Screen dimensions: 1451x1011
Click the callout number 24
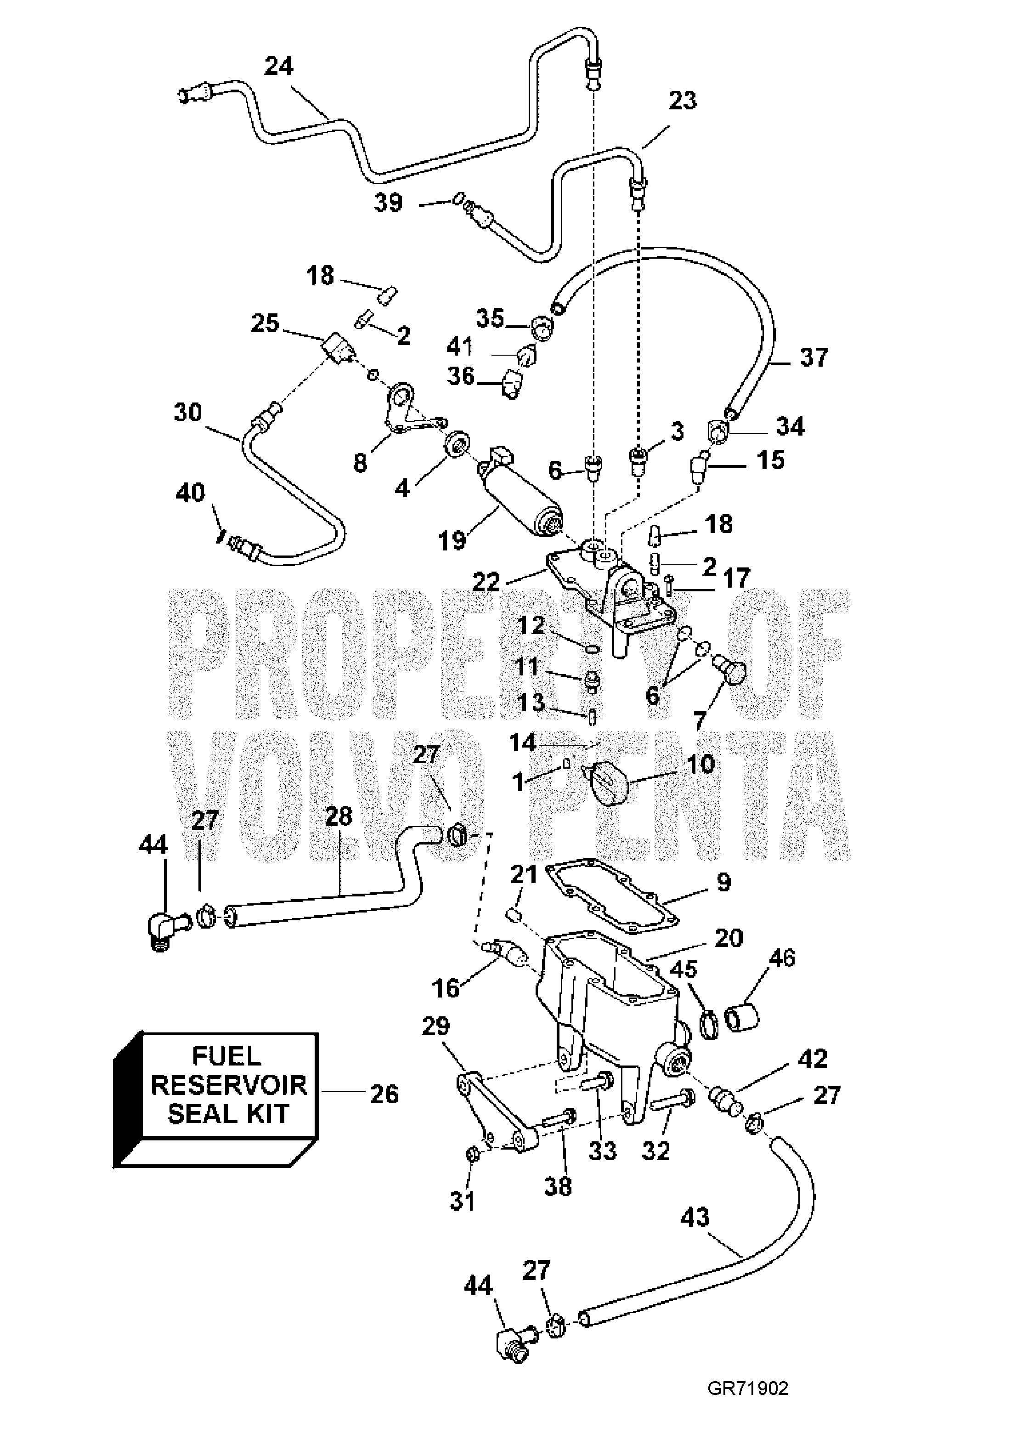click(279, 66)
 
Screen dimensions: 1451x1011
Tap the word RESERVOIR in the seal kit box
click(229, 1084)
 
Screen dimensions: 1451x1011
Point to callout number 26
click(384, 1094)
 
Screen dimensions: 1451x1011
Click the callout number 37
click(814, 357)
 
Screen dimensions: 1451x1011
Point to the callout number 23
click(683, 101)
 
